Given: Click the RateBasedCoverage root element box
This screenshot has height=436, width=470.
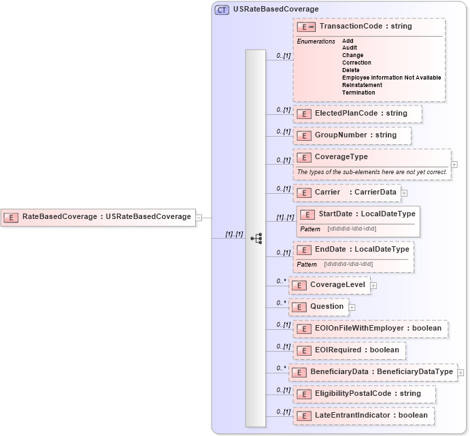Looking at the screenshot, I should (99, 217).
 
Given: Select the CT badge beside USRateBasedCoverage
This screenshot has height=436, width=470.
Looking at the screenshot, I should (222, 10).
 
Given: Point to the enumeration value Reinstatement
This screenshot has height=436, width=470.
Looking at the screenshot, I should (367, 85).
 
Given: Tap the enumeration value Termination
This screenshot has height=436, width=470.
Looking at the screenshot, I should (358, 93).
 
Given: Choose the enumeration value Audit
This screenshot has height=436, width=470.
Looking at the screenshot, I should (350, 48).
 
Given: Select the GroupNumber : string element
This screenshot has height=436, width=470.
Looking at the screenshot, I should (352, 135).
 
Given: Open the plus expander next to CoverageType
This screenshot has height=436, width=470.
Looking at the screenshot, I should (454, 165).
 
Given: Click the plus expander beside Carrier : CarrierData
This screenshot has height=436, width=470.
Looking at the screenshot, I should (404, 193).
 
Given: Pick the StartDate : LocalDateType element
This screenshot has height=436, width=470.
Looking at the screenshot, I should (357, 214).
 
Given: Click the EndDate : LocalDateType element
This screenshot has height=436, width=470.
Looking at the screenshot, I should (353, 250).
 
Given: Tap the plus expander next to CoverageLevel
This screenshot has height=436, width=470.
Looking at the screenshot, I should (373, 286).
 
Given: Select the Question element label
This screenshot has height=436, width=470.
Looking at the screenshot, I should (326, 307).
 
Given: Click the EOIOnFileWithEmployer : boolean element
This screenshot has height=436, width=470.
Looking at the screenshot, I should (371, 329).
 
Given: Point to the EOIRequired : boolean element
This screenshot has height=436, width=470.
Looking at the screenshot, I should (350, 350).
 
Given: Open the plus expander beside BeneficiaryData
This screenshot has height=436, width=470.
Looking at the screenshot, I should (460, 373).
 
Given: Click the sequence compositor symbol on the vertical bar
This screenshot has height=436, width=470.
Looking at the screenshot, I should (256, 238).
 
